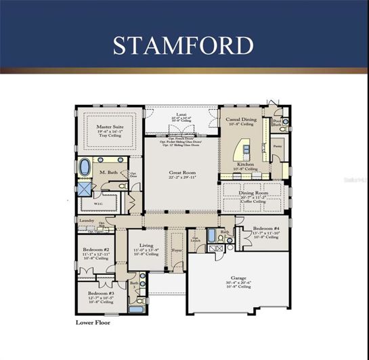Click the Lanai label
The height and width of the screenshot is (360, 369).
point(181,116)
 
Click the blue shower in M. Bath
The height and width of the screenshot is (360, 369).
point(83,189)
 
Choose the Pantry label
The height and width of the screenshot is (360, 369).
point(277,145)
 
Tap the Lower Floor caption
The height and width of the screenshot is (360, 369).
point(92,323)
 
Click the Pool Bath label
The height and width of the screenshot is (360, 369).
point(277,123)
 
